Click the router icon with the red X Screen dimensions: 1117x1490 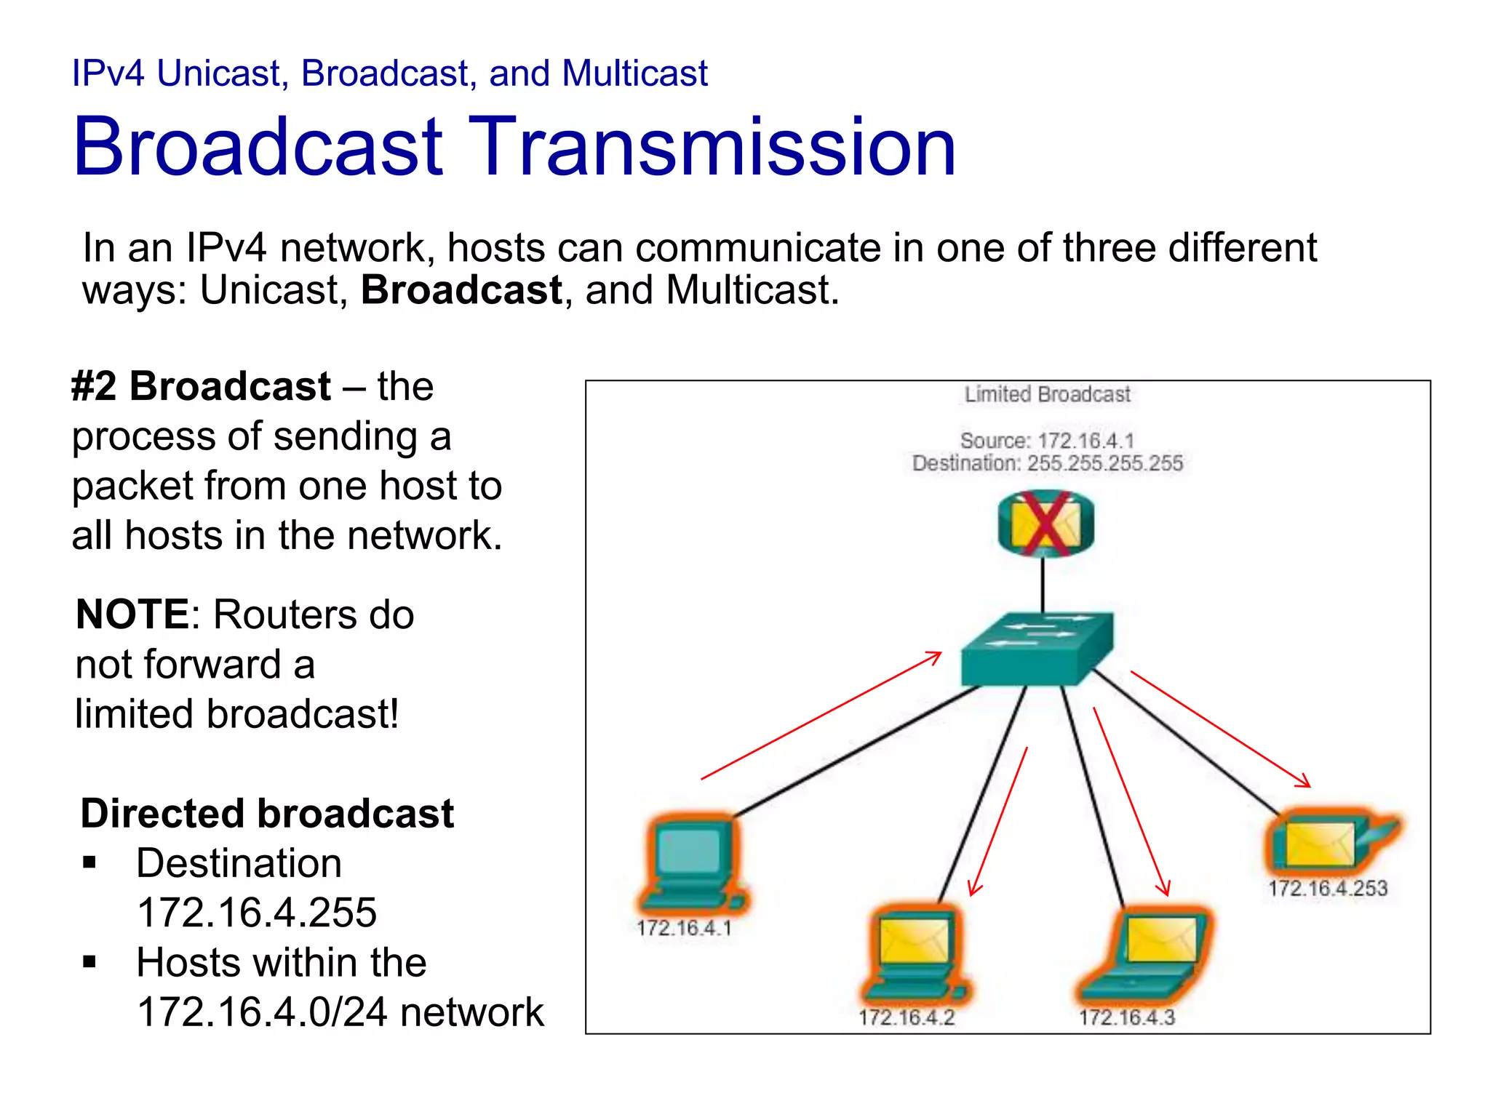pyautogui.click(x=1045, y=524)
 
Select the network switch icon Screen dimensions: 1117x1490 pyautogui.click(x=1036, y=649)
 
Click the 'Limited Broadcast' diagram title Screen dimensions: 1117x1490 pyautogui.click(x=1047, y=395)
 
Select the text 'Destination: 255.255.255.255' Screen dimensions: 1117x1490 pyautogui.click(x=1047, y=463)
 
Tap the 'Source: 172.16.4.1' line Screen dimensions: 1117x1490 pyautogui.click(x=1047, y=440)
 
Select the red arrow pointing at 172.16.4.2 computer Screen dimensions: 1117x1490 pyautogui.click(x=998, y=822)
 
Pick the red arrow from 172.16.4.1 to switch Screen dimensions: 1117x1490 pyautogui.click(x=822, y=716)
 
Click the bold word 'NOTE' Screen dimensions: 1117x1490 pyautogui.click(x=132, y=614)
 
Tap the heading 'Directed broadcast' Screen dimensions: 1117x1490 pyautogui.click(x=267, y=813)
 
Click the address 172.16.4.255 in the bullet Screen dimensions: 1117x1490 pyautogui.click(x=257, y=913)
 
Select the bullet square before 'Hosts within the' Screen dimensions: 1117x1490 pyautogui.click(x=89, y=963)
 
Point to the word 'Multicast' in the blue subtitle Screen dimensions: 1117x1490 pyautogui.click(x=634, y=73)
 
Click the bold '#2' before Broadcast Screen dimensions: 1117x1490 pyautogui.click(x=93, y=386)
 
